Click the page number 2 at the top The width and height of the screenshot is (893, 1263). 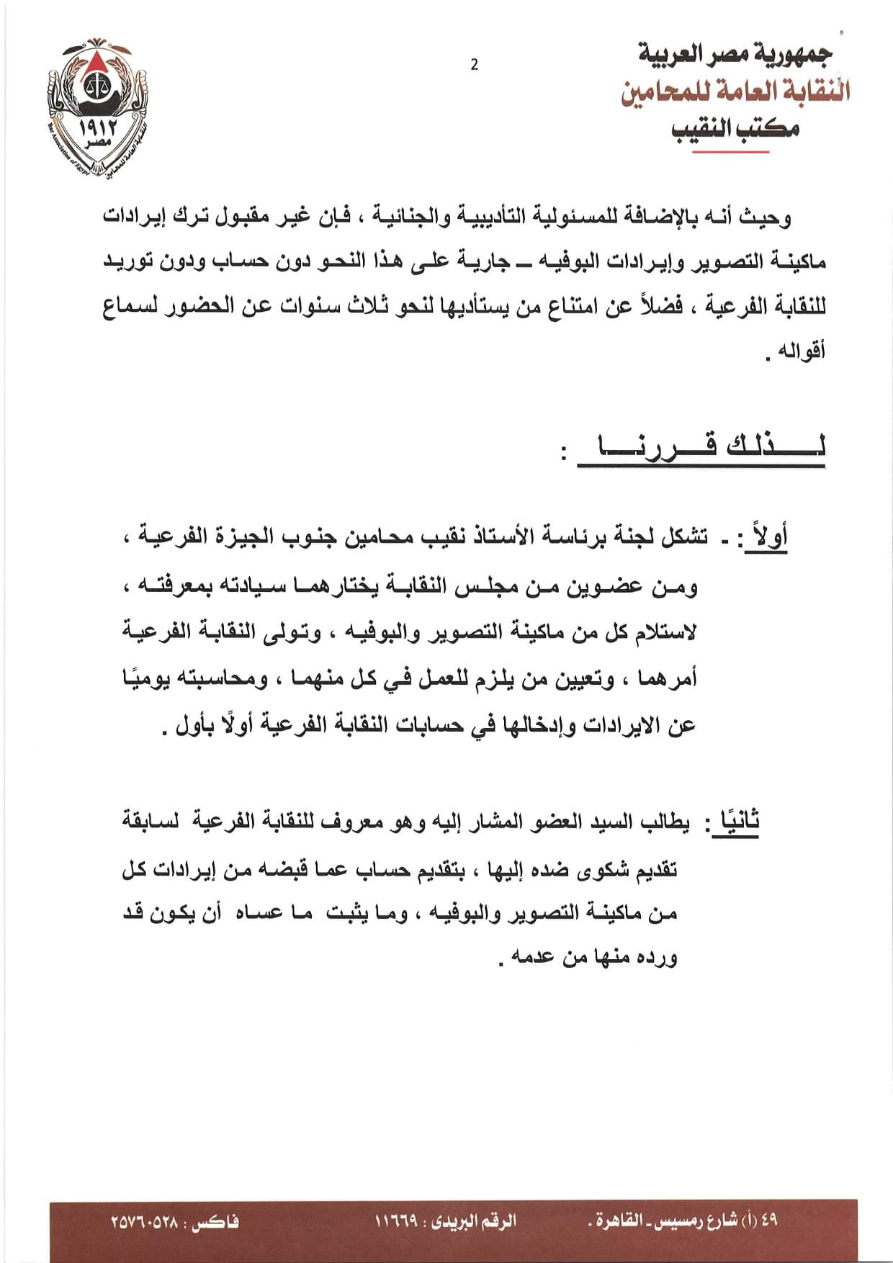pos(474,65)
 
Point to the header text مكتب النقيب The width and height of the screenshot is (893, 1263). pos(735,130)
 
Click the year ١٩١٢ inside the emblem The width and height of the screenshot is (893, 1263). pos(92,132)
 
